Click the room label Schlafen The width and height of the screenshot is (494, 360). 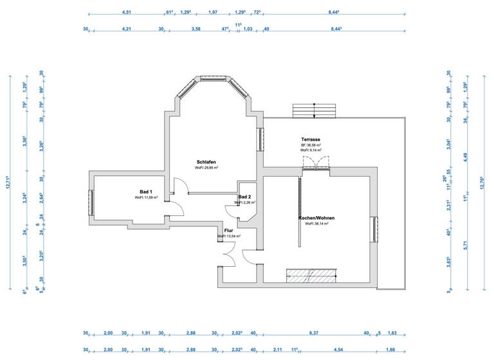tap(206, 161)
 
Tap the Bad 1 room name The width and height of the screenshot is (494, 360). tap(146, 192)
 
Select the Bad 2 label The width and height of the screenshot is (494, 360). tap(244, 197)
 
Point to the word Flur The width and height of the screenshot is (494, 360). tap(228, 230)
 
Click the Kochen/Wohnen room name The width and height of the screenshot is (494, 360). tap(316, 218)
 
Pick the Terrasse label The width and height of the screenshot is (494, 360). tap(311, 139)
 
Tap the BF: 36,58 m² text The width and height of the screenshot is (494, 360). tap(311, 145)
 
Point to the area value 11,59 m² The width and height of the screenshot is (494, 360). tap(146, 197)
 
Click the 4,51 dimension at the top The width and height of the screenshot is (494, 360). tap(127, 12)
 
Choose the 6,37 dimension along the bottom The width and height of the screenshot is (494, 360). tap(313, 332)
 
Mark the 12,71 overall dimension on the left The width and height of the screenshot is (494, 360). tap(8, 183)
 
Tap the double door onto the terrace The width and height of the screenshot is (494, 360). tap(315, 168)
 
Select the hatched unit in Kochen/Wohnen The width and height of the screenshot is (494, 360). tap(311, 274)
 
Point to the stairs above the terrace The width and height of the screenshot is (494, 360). tap(314, 110)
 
